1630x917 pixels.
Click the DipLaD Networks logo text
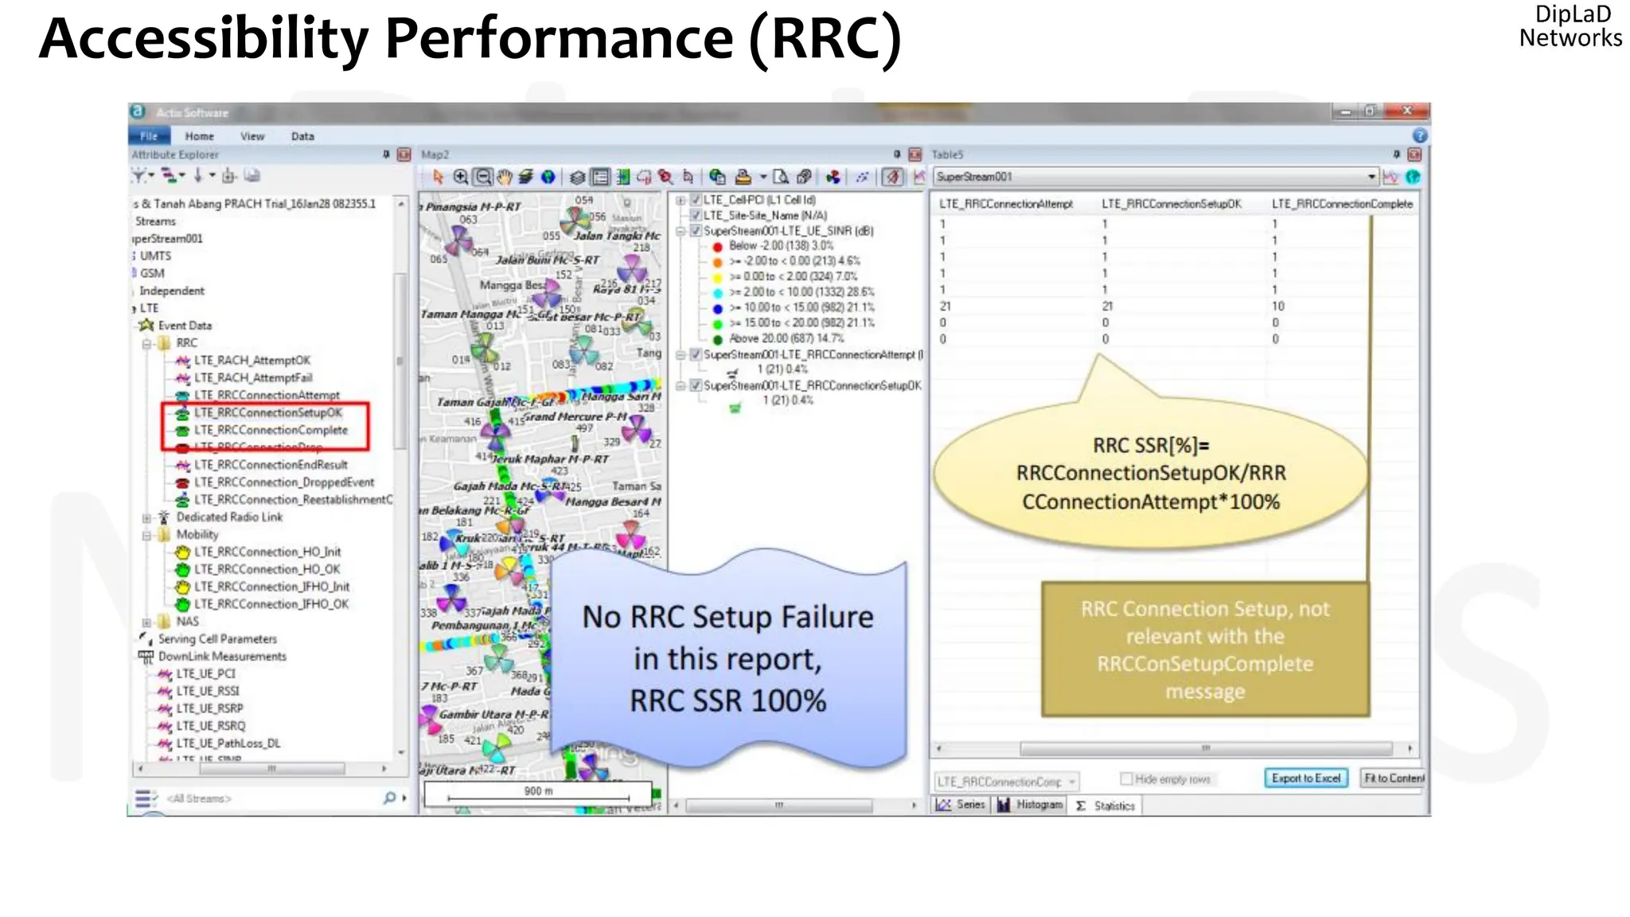[1570, 27]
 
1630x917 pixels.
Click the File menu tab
[149, 136]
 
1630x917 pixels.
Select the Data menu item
[302, 136]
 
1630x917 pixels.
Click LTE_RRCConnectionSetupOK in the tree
[267, 412]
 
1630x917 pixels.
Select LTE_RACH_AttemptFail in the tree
[253, 378]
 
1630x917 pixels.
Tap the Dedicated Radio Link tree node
[229, 517]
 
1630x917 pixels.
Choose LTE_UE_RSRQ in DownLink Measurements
[210, 726]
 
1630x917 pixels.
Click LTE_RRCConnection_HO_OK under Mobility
[267, 569]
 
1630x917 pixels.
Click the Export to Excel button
[1305, 778]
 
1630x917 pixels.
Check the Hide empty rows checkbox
[1126, 778]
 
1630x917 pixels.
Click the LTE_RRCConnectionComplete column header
[1342, 205]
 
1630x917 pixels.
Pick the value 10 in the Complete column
[1277, 306]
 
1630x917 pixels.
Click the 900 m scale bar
[538, 793]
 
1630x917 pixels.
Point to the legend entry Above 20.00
[786, 338]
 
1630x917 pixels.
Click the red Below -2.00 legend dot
[717, 247]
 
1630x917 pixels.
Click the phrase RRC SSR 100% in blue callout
[727, 701]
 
